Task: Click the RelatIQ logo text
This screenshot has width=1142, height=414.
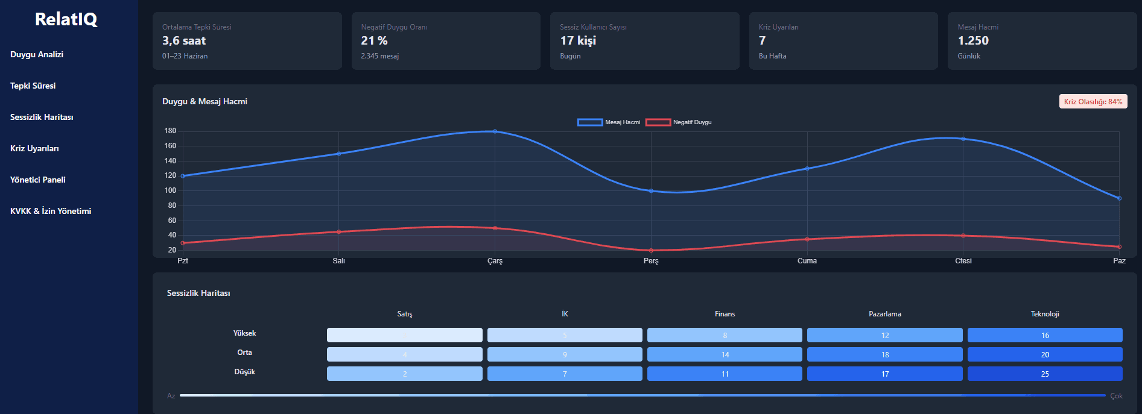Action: [x=66, y=19]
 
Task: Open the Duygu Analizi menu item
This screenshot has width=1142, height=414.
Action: [x=37, y=54]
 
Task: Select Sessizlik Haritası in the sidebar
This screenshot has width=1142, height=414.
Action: [x=42, y=117]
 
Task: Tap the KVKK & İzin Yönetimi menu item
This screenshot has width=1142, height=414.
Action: [x=51, y=211]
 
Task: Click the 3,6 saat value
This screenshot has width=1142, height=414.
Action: [x=184, y=40]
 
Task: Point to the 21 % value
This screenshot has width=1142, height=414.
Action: [x=374, y=40]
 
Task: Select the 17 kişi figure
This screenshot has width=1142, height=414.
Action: [x=578, y=40]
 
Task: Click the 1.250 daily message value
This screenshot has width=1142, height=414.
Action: [x=973, y=40]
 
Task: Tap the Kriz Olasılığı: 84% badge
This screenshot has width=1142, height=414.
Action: [x=1093, y=101]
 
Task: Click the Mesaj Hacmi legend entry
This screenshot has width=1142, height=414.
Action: [x=609, y=122]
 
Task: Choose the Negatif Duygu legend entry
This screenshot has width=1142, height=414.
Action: [x=679, y=122]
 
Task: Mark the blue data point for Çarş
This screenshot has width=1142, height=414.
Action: [x=495, y=131]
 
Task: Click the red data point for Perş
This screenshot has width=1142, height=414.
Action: [x=651, y=251]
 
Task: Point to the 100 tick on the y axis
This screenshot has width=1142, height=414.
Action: [x=170, y=190]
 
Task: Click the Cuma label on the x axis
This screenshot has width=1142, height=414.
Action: [x=807, y=261]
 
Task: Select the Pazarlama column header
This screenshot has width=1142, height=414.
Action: [x=884, y=314]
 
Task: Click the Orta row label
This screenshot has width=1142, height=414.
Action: [x=244, y=353]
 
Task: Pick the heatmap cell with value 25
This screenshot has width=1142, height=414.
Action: [x=1044, y=374]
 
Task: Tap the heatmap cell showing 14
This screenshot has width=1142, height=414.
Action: [x=725, y=354]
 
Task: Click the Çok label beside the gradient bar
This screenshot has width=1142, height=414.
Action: [x=1116, y=396]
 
